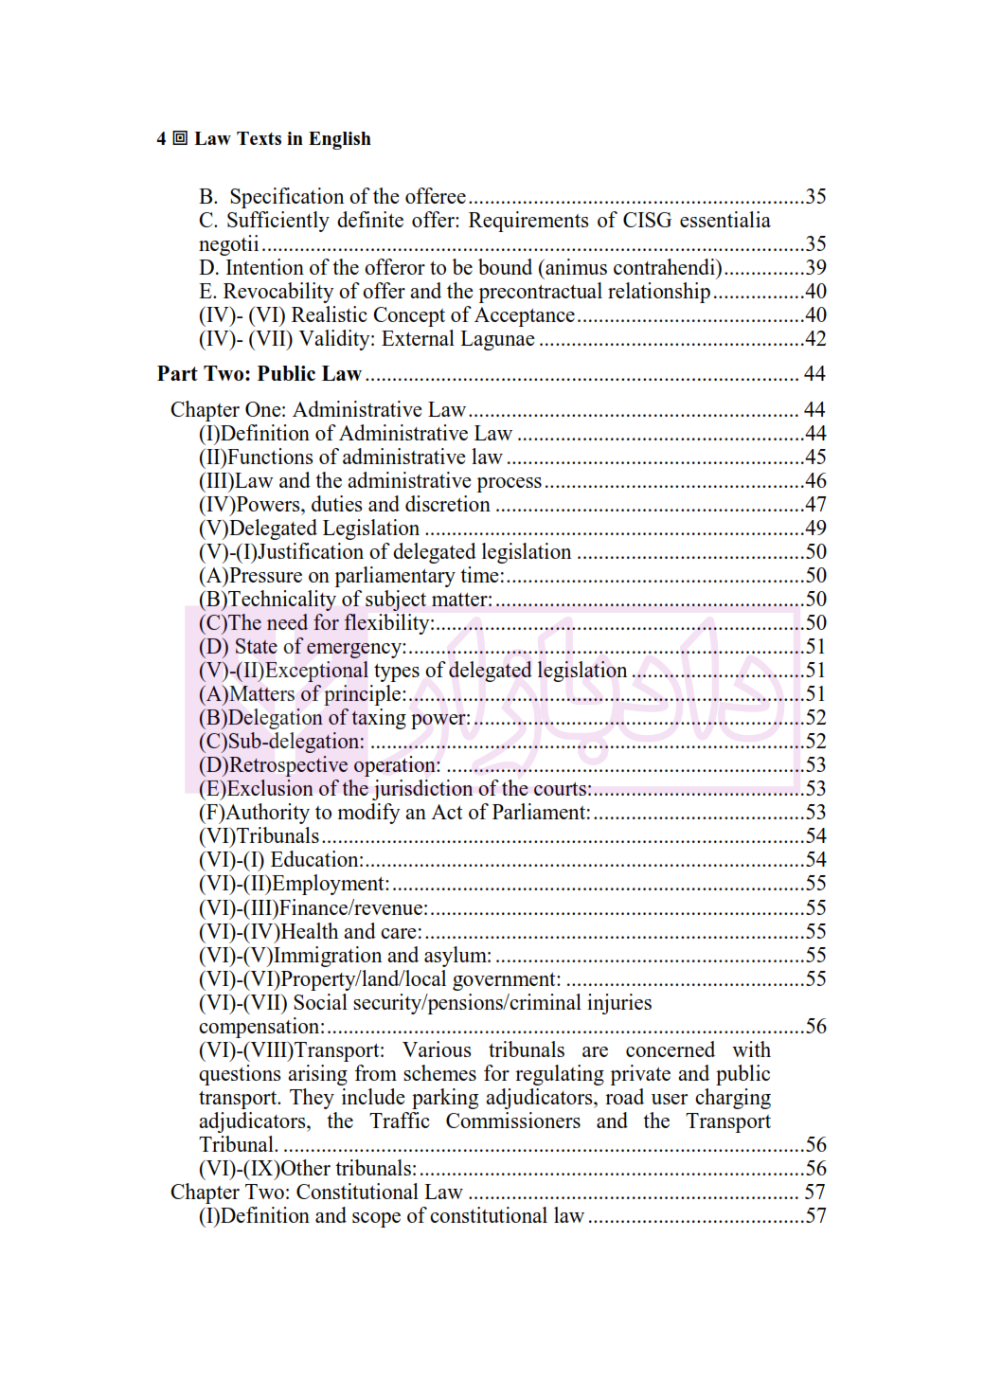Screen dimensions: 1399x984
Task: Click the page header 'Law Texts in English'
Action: click(x=282, y=139)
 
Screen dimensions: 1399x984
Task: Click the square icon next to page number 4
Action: click(x=180, y=138)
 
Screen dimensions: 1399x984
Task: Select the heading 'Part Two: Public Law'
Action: click(x=259, y=374)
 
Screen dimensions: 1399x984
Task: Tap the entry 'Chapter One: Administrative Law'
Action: click(x=318, y=410)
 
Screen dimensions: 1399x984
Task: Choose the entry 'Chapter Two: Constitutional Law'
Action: click(x=316, y=1193)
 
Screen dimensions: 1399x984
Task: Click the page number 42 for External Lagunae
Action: click(x=815, y=339)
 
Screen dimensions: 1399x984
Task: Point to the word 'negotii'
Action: click(x=228, y=244)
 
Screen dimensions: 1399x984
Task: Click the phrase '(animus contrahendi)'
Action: click(x=630, y=268)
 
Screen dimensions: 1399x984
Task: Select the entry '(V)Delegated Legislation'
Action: click(x=309, y=529)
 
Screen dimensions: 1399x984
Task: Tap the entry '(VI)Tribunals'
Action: click(x=259, y=836)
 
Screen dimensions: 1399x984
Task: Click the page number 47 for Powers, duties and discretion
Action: click(x=815, y=505)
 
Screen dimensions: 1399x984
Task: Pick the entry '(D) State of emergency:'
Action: click(x=302, y=647)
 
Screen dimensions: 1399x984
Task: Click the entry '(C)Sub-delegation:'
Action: click(x=281, y=742)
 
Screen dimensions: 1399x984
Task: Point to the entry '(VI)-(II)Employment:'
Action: click(x=294, y=884)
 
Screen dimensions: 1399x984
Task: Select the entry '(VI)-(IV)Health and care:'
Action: click(x=311, y=932)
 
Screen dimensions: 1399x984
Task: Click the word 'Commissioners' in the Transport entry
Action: click(x=512, y=1121)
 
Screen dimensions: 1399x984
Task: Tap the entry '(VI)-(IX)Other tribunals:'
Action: click(x=308, y=1169)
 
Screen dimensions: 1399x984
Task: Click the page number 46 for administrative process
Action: click(x=815, y=481)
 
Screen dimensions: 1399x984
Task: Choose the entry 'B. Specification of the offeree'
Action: click(x=332, y=197)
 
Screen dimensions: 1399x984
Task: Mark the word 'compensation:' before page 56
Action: click(x=261, y=1027)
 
